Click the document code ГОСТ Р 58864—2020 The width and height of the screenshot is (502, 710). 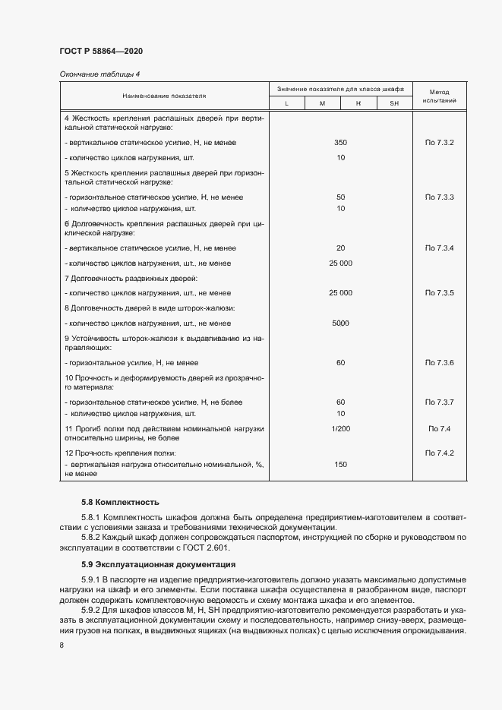point(101,52)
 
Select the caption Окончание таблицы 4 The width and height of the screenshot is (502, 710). point(99,74)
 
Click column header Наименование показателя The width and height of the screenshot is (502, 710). point(164,96)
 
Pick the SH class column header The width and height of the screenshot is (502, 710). point(393,103)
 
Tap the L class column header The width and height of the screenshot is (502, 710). point(286,103)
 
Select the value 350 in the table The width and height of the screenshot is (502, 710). point(340,144)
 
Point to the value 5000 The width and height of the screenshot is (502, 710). point(340,323)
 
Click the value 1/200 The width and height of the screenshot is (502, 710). point(340,430)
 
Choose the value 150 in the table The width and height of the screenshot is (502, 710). point(340,464)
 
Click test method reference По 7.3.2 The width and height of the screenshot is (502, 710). point(440,144)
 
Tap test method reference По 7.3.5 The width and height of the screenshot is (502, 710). point(440,292)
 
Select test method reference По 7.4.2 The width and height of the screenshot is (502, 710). point(440,453)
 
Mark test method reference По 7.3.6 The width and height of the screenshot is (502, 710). point(440,363)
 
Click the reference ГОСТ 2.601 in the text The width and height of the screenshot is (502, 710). point(206,547)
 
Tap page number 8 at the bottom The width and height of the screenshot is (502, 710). point(62,645)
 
